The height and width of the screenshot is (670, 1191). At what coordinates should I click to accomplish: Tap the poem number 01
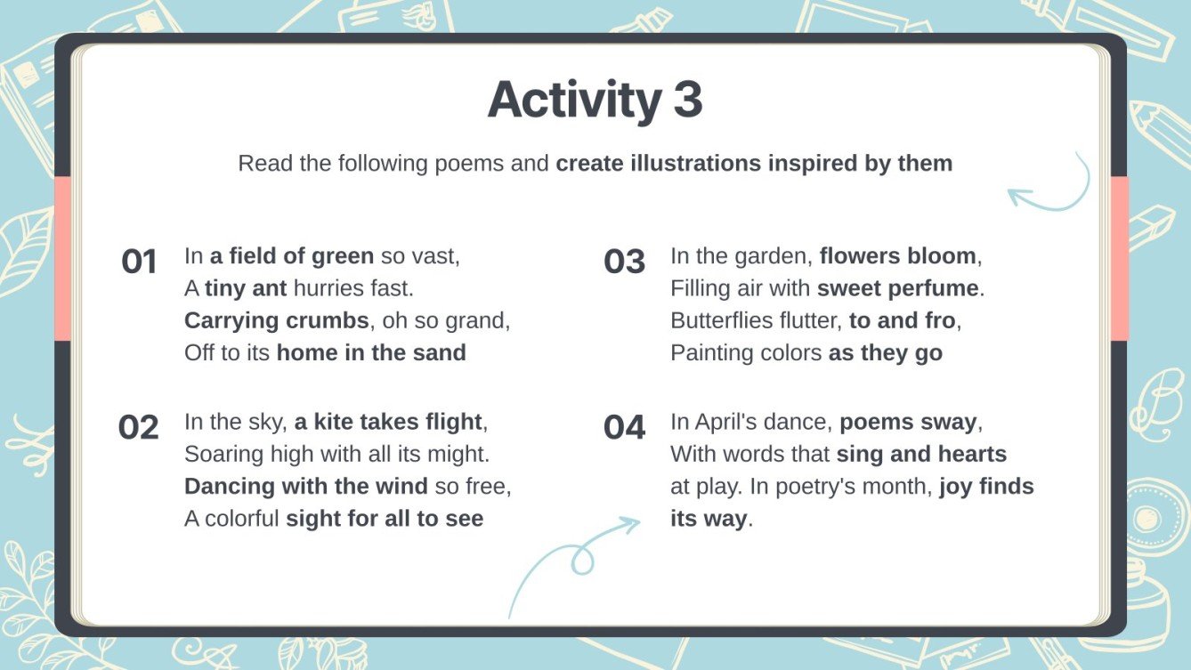(x=139, y=262)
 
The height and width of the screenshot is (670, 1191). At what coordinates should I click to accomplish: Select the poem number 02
(x=138, y=427)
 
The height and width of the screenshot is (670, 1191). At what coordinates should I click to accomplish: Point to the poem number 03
(x=624, y=262)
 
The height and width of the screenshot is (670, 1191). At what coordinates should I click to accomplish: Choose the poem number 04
(x=624, y=427)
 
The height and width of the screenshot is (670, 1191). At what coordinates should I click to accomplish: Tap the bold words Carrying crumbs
(x=276, y=320)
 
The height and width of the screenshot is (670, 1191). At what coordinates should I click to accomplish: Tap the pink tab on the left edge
(x=62, y=258)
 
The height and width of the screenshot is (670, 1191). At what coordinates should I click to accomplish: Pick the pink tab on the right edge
(x=1119, y=258)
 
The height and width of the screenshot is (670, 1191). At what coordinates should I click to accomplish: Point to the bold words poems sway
(x=908, y=422)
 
